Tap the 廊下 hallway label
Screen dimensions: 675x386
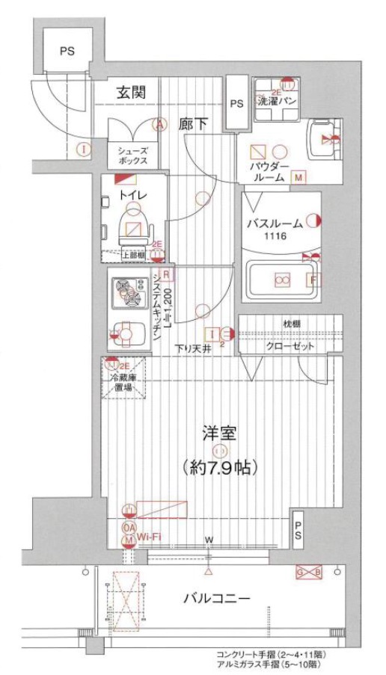193,124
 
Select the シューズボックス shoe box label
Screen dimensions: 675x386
132,155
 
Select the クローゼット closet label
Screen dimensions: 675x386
290,348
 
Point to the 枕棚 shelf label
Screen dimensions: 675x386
290,324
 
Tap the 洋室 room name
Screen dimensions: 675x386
219,433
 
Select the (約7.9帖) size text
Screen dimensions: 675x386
219,469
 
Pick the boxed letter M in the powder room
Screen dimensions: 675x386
298,178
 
